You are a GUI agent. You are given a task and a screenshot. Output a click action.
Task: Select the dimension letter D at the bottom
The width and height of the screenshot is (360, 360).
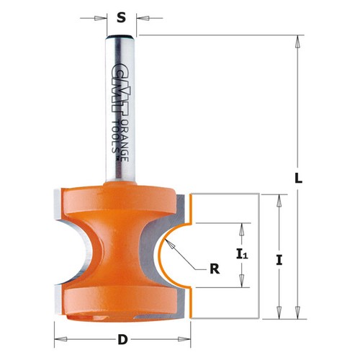tap(122, 339)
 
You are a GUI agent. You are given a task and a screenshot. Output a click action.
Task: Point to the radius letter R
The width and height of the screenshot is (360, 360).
tap(213, 270)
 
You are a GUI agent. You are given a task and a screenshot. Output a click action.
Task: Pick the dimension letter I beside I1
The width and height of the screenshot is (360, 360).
tap(278, 260)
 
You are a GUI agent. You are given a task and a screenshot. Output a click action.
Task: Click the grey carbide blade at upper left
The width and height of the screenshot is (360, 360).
tap(57, 209)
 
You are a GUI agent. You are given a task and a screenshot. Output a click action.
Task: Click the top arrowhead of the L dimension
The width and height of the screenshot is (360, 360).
tap(297, 40)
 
